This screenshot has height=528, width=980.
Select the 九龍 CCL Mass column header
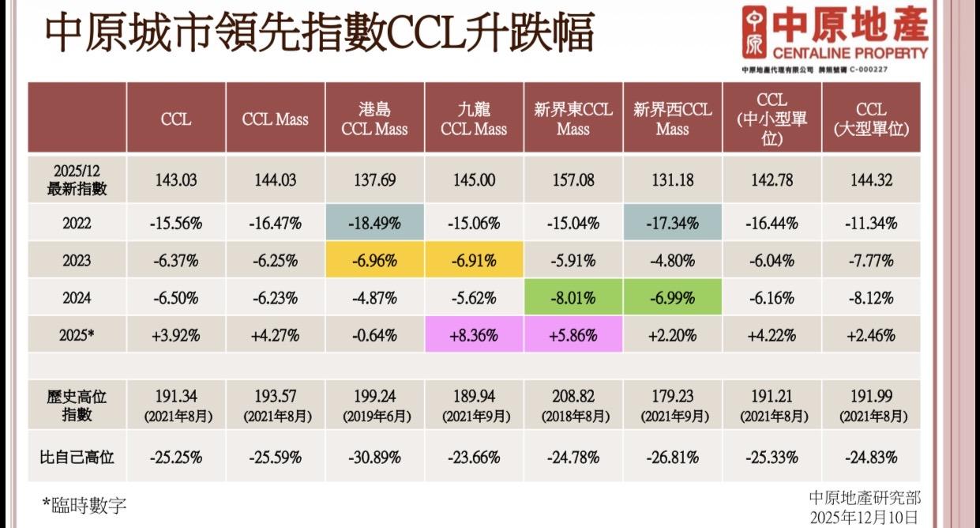coord(474,119)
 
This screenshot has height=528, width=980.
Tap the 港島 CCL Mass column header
coord(374,119)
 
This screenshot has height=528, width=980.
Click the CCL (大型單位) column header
coord(871,119)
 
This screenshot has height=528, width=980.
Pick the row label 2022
coord(77,223)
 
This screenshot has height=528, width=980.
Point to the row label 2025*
coord(77,335)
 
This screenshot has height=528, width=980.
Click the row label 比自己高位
coord(77,457)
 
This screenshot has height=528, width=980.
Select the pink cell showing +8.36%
coord(474,335)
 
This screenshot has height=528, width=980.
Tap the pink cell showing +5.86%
coord(573,335)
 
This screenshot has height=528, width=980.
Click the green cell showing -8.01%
coord(573,298)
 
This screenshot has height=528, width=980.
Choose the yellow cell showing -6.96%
coord(374,260)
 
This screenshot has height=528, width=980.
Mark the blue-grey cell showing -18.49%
coord(374,223)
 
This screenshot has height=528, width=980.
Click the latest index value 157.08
coord(573,180)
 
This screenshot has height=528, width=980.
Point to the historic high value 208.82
coord(573,395)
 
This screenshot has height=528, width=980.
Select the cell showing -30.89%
coord(374,457)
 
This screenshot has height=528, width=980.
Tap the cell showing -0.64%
coord(374,335)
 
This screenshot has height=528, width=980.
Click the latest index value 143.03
coord(175,180)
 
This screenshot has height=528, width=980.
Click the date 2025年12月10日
coord(865,517)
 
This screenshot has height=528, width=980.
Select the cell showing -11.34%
coord(871,223)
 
